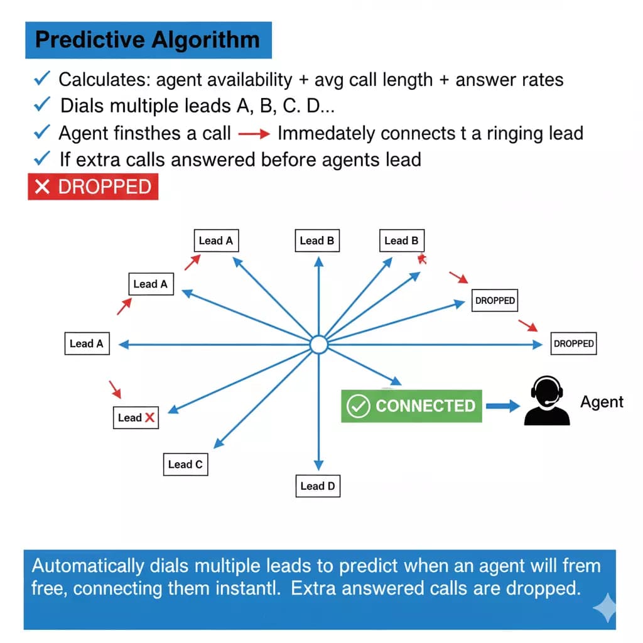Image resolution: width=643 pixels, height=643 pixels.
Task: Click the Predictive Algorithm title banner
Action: (148, 40)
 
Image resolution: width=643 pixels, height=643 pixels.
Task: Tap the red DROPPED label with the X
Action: (93, 187)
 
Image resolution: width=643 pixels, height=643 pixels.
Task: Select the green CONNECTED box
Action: (412, 406)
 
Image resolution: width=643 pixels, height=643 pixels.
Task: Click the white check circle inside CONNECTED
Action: (359, 406)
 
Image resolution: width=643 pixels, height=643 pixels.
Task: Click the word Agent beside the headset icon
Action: (602, 402)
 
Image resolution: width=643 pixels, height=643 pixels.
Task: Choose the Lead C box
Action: (185, 465)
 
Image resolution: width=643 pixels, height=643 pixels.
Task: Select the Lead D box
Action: (318, 485)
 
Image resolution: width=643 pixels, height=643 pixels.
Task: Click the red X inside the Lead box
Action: (149, 418)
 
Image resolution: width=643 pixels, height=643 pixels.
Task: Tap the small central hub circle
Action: (319, 345)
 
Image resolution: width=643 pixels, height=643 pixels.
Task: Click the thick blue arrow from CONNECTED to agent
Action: (503, 406)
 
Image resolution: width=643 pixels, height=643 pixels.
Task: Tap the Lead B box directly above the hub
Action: (317, 240)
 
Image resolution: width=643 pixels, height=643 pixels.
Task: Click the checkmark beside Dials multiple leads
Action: (42, 105)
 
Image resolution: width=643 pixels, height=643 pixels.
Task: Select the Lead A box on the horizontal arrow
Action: (87, 343)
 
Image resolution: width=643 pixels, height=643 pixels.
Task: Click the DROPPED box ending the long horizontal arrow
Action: (573, 343)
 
